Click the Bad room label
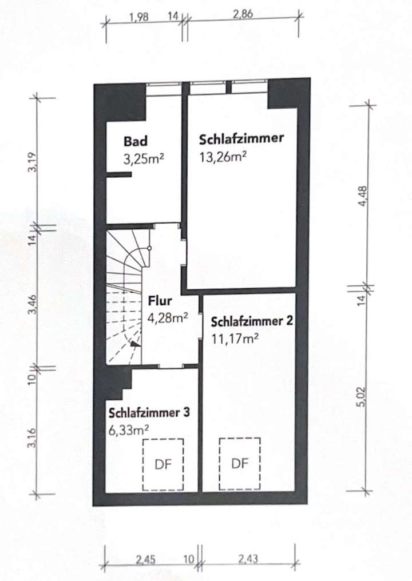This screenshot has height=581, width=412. (x=136, y=141)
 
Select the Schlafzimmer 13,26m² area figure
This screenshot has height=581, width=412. (x=223, y=156)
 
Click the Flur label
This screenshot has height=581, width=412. (x=159, y=300)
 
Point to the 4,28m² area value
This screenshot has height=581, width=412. (x=168, y=318)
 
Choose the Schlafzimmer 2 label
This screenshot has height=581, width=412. (x=252, y=321)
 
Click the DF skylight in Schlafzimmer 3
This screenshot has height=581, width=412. (x=163, y=463)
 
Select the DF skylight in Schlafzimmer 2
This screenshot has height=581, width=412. (x=240, y=463)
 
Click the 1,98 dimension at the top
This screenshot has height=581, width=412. (x=139, y=17)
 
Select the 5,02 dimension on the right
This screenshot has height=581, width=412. (x=360, y=395)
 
